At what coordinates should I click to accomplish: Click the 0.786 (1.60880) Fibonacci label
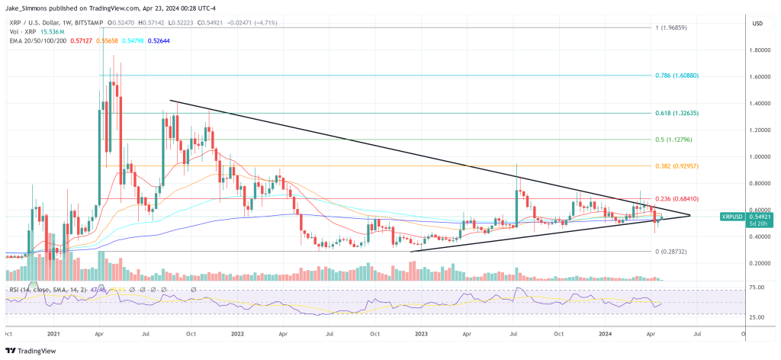[677, 76]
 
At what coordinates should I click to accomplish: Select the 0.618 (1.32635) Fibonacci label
[677, 113]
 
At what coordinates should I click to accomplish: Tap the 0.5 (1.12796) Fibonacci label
[673, 140]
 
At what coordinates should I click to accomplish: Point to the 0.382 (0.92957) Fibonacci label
[677, 166]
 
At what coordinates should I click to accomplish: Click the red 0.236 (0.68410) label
[677, 198]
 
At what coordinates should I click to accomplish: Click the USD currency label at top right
[757, 23]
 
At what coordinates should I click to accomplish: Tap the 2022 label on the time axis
[237, 333]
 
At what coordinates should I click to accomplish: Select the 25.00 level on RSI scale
[757, 317]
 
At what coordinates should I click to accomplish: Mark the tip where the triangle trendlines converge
[691, 215]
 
